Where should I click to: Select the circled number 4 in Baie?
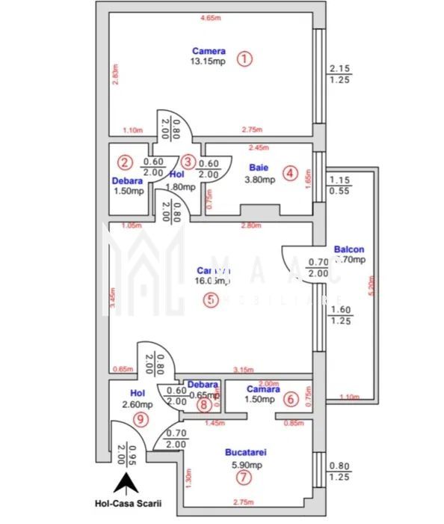pos(290,174)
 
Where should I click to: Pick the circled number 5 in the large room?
pos(212,299)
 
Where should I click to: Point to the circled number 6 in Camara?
pos(291,400)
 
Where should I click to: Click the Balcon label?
pos(349,250)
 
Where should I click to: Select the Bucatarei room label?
pos(246,453)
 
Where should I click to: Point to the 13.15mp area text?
pos(208,61)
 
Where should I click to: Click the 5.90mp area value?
pos(246,463)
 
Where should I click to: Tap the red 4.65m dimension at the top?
pos(209,17)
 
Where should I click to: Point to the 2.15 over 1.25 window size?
pos(340,73)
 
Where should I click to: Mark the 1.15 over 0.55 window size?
pos(340,185)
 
